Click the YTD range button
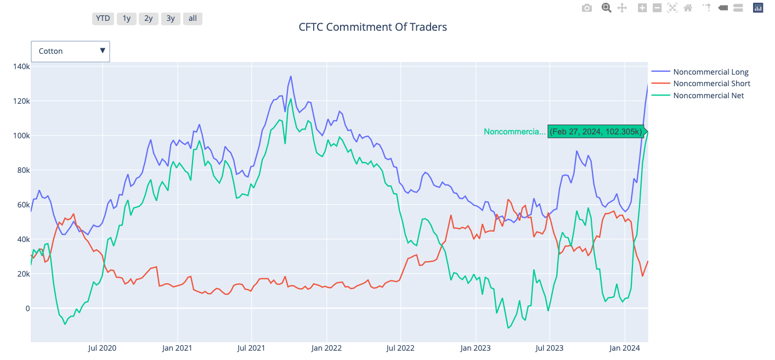pyautogui.click(x=103, y=19)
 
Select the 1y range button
pyautogui.click(x=126, y=19)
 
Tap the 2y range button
pyautogui.click(x=149, y=19)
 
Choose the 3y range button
pyautogui.click(x=171, y=19)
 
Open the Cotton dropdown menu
pyautogui.click(x=71, y=51)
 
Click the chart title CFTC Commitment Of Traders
pyautogui.click(x=372, y=27)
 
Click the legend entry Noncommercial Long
pyautogui.click(x=711, y=72)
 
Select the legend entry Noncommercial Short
pyautogui.click(x=712, y=83)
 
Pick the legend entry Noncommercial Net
pyautogui.click(x=709, y=95)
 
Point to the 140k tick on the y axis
pyautogui.click(x=21, y=66)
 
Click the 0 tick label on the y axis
pyautogui.click(x=27, y=308)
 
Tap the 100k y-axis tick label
pyautogui.click(x=21, y=136)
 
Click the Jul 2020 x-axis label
pyautogui.click(x=102, y=348)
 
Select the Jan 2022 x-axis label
pyautogui.click(x=326, y=348)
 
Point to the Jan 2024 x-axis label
pyautogui.click(x=625, y=348)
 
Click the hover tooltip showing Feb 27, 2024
pyautogui.click(x=596, y=132)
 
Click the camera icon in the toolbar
pyautogui.click(x=587, y=8)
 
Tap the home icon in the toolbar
pyautogui.click(x=688, y=8)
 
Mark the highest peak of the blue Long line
pyautogui.click(x=291, y=76)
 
